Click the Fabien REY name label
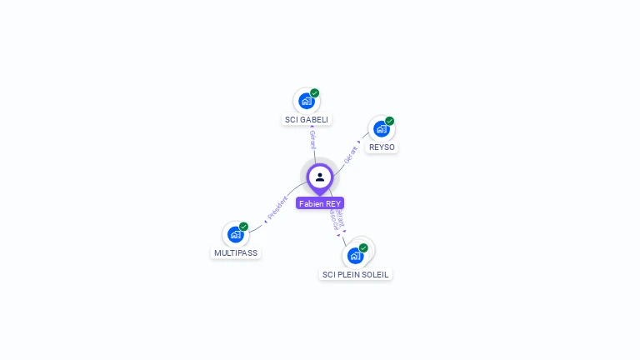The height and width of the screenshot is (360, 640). (x=319, y=203)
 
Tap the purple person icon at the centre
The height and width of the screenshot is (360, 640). (x=320, y=177)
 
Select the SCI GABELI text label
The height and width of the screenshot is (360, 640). (x=307, y=119)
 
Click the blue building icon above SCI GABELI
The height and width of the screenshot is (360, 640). (x=306, y=101)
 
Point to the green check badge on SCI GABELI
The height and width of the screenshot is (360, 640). (x=315, y=92)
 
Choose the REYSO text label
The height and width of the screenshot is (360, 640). (x=382, y=147)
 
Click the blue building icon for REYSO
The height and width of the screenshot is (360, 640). (x=381, y=128)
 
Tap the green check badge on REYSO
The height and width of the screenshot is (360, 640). (x=390, y=120)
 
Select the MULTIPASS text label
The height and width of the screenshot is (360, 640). (x=236, y=252)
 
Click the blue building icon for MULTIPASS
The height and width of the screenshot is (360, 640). (x=235, y=234)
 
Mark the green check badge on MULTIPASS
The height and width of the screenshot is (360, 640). (x=244, y=226)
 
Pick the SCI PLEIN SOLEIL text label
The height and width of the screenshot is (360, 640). (x=356, y=274)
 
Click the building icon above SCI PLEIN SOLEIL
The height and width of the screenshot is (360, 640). (x=355, y=255)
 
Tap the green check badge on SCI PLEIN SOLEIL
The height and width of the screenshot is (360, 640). (x=364, y=247)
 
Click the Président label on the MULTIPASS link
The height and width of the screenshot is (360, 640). (x=277, y=208)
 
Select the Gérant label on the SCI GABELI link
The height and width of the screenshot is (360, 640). (x=312, y=139)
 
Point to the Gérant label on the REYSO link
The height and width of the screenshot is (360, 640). (x=350, y=154)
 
